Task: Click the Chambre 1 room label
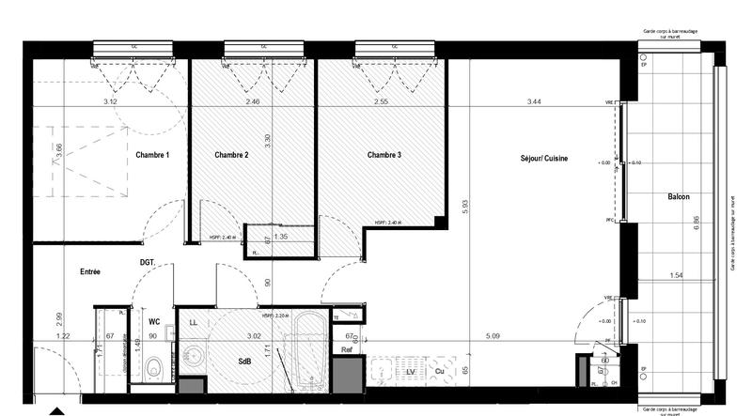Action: click(152, 155)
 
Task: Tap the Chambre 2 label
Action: click(231, 155)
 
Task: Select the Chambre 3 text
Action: click(384, 155)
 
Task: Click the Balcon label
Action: click(679, 197)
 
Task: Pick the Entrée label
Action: click(90, 271)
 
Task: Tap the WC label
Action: click(154, 321)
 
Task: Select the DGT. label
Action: click(148, 262)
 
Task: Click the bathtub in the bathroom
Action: click(308, 352)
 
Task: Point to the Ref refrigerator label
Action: click(347, 349)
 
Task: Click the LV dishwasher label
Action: click(411, 373)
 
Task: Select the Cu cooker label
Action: click(439, 373)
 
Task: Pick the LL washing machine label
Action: click(193, 322)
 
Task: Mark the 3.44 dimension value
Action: click(535, 100)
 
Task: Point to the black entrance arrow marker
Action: click(58, 410)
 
